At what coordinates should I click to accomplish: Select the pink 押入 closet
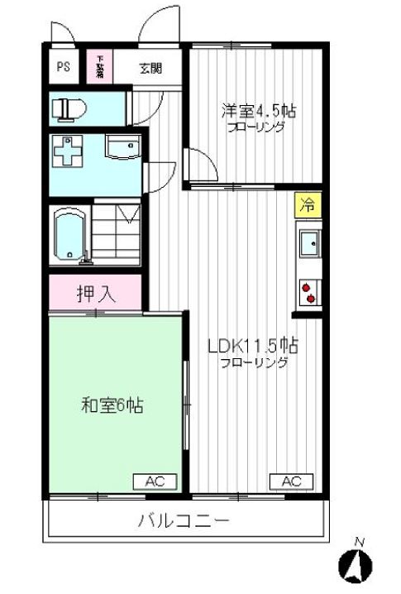97,293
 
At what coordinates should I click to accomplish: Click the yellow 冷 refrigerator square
306,205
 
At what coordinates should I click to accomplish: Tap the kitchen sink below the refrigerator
308,245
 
